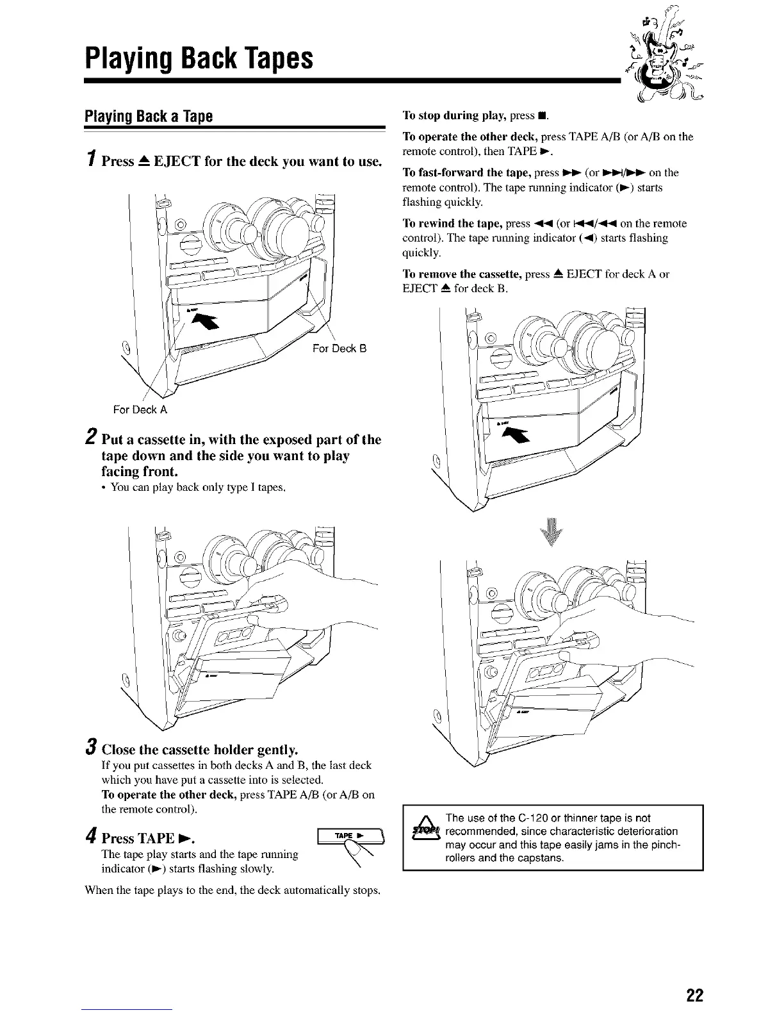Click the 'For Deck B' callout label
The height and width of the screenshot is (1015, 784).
pos(339,349)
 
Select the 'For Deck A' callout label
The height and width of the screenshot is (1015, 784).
pos(140,409)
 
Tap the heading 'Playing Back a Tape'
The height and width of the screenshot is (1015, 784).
pos(149,117)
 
